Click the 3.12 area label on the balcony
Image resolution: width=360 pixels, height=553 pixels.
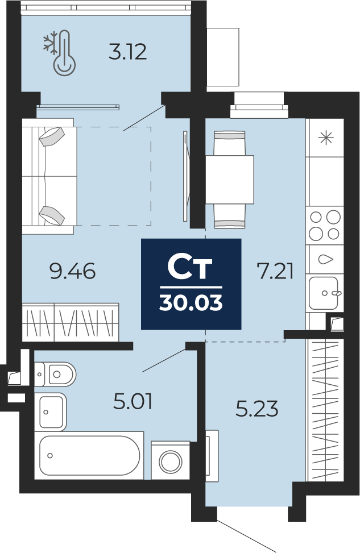pyautogui.click(x=127, y=52)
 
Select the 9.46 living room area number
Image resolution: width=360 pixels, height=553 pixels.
pyautogui.click(x=73, y=272)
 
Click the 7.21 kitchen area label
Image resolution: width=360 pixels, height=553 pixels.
pyautogui.click(x=276, y=272)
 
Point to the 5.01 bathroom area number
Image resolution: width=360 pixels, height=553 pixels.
pyautogui.click(x=133, y=402)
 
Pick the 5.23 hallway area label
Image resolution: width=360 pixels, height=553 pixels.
pyautogui.click(x=257, y=409)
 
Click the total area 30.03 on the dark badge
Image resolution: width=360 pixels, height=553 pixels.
pyautogui.click(x=191, y=302)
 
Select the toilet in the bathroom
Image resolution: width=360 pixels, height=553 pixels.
pyautogui.click(x=55, y=374)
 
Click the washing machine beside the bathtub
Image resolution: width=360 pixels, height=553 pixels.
pyautogui.click(x=171, y=460)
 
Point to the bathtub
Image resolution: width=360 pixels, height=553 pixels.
pyautogui.click(x=89, y=455)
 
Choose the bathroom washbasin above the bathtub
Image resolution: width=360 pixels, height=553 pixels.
pyautogui.click(x=51, y=411)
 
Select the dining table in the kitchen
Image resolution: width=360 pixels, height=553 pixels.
pyautogui.click(x=230, y=180)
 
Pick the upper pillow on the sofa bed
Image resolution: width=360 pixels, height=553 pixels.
pyautogui.click(x=52, y=136)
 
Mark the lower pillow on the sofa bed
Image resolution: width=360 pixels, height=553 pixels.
pyautogui.click(x=52, y=215)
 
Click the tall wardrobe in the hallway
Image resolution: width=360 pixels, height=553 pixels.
pyautogui.click(x=324, y=410)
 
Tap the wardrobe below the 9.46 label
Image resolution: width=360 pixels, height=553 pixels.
pyautogui.click(x=71, y=322)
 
